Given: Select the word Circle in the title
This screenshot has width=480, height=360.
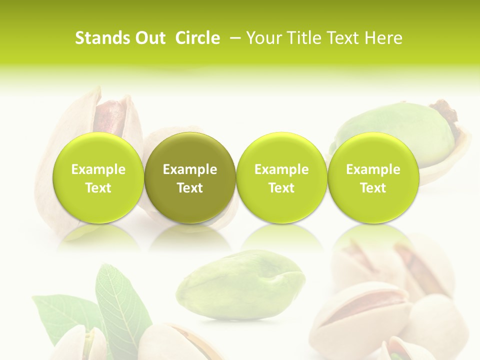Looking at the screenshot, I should click(x=197, y=38).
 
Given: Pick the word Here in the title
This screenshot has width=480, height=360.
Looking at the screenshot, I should click(x=384, y=38).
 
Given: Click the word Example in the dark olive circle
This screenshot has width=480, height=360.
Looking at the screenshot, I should click(x=190, y=170).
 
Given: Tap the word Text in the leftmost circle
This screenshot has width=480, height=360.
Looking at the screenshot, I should click(x=98, y=188).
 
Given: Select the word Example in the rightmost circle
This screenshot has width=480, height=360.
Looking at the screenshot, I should click(x=373, y=170).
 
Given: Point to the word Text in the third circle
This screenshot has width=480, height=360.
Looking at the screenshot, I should click(x=281, y=188).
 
